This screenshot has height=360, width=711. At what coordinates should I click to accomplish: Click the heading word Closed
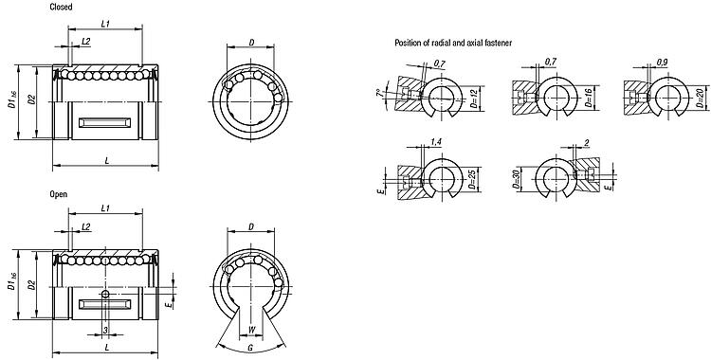click(x=61, y=8)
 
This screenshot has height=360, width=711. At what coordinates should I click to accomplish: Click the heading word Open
click(x=59, y=194)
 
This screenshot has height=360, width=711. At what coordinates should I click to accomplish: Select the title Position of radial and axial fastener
click(x=453, y=43)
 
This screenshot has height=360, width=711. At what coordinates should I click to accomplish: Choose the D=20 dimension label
click(x=702, y=99)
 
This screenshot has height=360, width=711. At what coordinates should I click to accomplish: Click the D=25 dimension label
click(x=473, y=180)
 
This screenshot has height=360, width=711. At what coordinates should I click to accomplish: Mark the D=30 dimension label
click(x=516, y=179)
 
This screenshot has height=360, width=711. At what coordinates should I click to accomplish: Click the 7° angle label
click(x=379, y=94)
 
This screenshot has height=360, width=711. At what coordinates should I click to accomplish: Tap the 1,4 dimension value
click(x=436, y=142)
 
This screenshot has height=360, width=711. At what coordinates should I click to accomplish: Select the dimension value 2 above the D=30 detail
click(x=586, y=143)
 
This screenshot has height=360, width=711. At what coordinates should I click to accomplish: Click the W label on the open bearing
click(x=252, y=330)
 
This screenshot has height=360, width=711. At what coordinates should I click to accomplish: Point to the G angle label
click(x=250, y=349)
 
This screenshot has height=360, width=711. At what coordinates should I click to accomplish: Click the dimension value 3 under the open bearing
click(x=105, y=331)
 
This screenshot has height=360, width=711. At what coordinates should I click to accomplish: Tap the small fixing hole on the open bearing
click(x=105, y=295)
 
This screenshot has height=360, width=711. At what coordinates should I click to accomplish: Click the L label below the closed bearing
click(x=106, y=160)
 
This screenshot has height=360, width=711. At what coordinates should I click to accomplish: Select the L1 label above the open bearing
click(x=105, y=208)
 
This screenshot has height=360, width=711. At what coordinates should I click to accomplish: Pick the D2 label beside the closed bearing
click(x=31, y=99)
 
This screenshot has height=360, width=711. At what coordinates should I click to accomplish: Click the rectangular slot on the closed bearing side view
click(x=104, y=122)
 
